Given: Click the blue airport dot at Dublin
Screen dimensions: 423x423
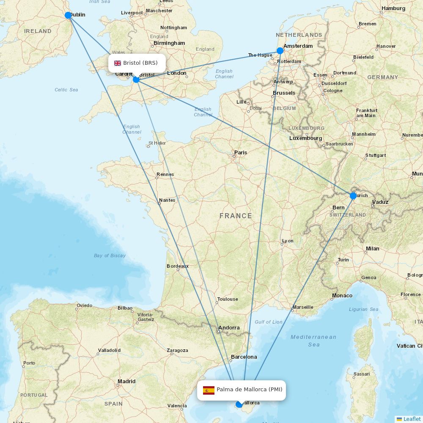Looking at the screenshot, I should click(x=68, y=15).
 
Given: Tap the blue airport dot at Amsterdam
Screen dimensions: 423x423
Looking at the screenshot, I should click(x=280, y=51).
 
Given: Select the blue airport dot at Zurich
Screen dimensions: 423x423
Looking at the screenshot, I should click(x=353, y=196).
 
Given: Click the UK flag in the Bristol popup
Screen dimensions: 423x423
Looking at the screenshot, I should click(x=118, y=63).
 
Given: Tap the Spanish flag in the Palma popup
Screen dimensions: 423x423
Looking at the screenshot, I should click(x=209, y=390).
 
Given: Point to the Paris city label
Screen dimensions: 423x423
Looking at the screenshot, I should click(x=241, y=152).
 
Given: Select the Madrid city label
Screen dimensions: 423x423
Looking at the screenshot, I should click(x=126, y=381).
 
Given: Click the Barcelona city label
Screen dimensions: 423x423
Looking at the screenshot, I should click(x=244, y=357).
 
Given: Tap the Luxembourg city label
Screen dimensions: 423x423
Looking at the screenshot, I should click(x=305, y=138).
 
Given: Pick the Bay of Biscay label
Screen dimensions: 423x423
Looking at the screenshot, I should click(x=110, y=255).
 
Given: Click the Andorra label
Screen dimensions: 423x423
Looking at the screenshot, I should click(x=229, y=327).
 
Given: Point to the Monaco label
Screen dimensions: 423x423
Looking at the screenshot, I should click(x=342, y=295).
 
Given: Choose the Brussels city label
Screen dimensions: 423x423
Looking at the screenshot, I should click(x=284, y=93).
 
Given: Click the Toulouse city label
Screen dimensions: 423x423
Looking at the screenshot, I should click(x=228, y=299).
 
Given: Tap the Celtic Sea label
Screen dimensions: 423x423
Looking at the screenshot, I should click(x=66, y=90).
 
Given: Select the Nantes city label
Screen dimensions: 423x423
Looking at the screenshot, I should click(x=167, y=200).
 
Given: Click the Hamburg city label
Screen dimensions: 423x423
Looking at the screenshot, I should click(x=393, y=8).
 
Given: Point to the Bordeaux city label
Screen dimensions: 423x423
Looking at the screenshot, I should click(x=178, y=266).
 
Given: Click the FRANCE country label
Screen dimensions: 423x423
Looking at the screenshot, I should click(x=236, y=216).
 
